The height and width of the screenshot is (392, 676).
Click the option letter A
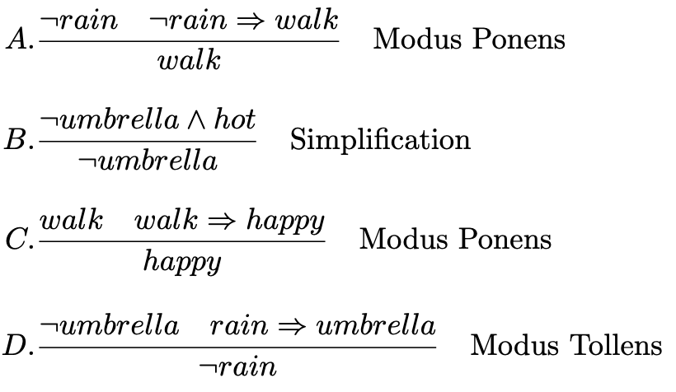pyautogui.click(x=17, y=39)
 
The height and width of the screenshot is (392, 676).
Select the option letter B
pyautogui.click(x=16, y=140)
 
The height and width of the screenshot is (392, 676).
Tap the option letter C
pyautogui.click(x=17, y=240)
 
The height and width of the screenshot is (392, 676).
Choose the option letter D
pyautogui.click(x=17, y=345)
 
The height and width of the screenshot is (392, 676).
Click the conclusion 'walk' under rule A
pyautogui.click(x=189, y=61)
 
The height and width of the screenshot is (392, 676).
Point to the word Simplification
pyautogui.click(x=380, y=139)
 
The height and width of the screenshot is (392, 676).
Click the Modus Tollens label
pyautogui.click(x=566, y=344)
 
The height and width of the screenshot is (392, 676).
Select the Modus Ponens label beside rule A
pyautogui.click(x=469, y=39)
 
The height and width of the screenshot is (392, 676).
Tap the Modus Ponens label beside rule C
pyautogui.click(x=455, y=239)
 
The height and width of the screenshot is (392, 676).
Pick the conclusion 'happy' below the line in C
pyautogui.click(x=182, y=263)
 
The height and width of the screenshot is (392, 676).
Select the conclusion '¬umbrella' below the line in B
pyautogui.click(x=147, y=161)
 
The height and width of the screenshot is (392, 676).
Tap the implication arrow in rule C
pyautogui.click(x=221, y=221)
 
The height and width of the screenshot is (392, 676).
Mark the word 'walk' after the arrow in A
pyautogui.click(x=304, y=19)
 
